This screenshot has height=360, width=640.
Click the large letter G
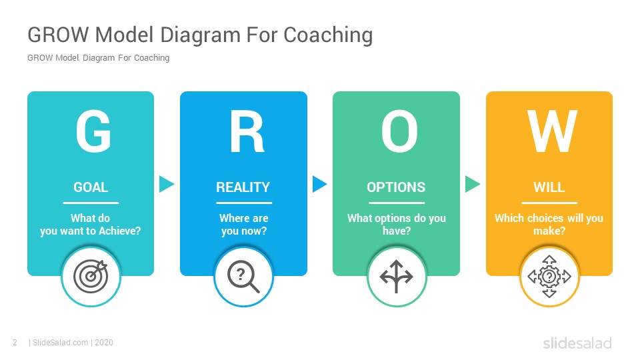pos(93,131)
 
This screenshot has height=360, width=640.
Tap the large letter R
pos(247,132)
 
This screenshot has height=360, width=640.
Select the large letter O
pos(399,131)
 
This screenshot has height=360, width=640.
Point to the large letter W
pos(552,131)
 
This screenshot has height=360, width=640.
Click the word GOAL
pos(91,187)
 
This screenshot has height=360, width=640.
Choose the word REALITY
pos(243,187)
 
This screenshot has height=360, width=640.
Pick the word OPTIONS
pos(396,187)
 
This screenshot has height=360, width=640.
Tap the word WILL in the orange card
pos(549,187)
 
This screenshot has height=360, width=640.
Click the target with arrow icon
pos(91,276)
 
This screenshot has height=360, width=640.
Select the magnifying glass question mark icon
pos(244,277)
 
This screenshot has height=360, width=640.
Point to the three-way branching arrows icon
pos(396,277)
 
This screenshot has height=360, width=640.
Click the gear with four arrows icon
pos(549,277)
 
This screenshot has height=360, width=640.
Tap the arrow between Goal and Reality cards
pos(167,184)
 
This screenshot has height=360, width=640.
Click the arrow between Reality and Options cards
pos(319,184)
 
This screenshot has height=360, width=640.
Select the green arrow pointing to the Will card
pos(473,184)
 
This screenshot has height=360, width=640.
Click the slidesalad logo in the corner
pos(577,343)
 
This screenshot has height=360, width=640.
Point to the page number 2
pos(15,343)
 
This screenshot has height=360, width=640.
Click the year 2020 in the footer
pos(104,343)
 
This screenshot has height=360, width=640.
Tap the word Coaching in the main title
pos(328,35)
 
